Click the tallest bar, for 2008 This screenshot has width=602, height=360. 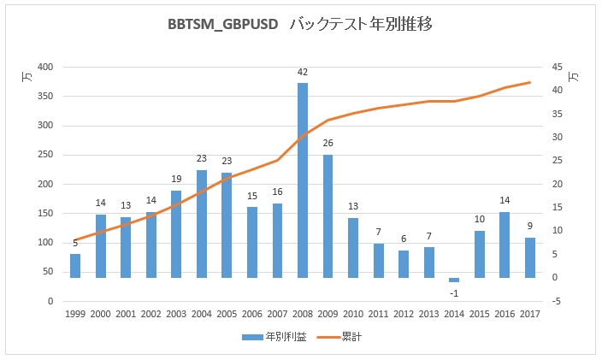tap(303, 180)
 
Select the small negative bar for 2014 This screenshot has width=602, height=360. tap(454, 280)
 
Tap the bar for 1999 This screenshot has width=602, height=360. tap(75, 265)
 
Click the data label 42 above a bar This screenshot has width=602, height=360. tap(303, 73)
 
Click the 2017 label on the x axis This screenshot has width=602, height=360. tap(530, 315)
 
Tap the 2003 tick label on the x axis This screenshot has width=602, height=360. tap(176, 315)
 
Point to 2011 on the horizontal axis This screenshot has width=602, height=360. tap(378, 315)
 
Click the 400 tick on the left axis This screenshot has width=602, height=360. tap(45, 68)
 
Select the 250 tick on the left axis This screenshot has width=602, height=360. tap(45, 156)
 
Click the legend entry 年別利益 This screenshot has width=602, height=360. tap(275, 337)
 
